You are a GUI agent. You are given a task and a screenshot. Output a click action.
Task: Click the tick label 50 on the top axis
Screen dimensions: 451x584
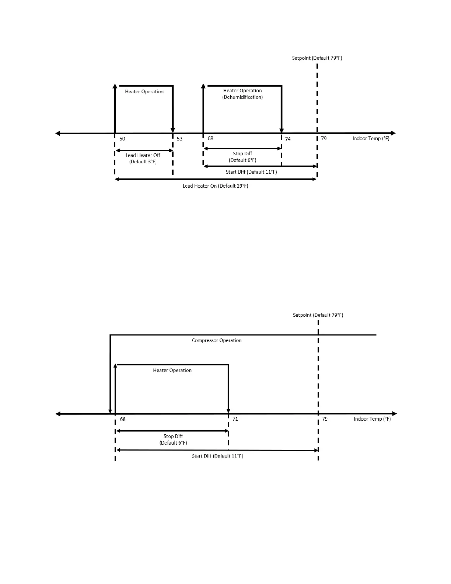122,139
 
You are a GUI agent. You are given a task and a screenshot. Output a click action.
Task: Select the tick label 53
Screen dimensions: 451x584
179,139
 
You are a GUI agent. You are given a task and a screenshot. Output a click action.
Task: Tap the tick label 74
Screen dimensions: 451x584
288,139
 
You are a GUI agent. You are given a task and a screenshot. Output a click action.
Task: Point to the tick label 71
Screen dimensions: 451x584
235,419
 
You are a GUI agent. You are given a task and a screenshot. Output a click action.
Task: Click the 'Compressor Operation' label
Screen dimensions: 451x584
217,340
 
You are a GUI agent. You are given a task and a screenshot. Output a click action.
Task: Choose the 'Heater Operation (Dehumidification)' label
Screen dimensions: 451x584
242,94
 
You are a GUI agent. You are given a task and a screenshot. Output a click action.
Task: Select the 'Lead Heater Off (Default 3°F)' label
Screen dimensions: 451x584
143,159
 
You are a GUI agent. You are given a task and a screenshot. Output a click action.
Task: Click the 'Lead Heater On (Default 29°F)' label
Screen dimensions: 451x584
216,186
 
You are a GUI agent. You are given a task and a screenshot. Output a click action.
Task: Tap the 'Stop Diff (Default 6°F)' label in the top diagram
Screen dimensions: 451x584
242,157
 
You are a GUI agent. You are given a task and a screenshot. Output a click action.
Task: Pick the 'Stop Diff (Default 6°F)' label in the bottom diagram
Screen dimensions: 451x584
173,439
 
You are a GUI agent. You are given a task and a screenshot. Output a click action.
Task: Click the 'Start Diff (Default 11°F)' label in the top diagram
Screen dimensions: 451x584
251,172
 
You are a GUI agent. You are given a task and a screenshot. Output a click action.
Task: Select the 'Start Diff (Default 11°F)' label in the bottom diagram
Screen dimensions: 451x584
217,456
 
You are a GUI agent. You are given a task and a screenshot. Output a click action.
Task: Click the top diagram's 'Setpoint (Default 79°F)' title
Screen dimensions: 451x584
317,58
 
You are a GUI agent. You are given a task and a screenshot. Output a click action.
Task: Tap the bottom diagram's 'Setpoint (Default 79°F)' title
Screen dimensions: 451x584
318,315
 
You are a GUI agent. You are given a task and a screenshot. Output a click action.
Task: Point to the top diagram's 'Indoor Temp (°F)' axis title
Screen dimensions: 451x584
371,139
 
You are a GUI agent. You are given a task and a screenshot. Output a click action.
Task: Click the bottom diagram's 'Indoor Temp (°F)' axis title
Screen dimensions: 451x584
372,419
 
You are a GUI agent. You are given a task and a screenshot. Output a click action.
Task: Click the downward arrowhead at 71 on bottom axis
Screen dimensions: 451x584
228,411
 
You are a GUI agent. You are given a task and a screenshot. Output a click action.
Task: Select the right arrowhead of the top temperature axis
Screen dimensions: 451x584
394,133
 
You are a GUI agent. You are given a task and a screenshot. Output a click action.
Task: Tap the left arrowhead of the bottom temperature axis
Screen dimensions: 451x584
58,414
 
